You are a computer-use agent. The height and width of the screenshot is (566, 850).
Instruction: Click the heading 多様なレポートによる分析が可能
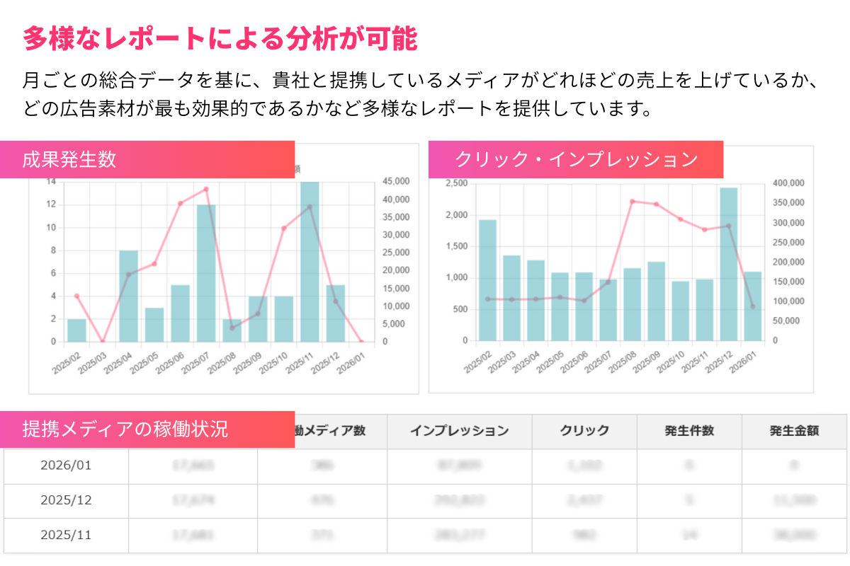pyautogui.click(x=220, y=39)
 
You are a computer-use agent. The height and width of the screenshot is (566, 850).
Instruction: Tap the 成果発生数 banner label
pyautogui.click(x=69, y=159)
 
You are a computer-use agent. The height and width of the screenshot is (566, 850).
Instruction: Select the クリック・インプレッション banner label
pyautogui.click(x=576, y=159)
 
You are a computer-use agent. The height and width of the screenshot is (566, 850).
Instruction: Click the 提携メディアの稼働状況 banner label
pyautogui.click(x=125, y=429)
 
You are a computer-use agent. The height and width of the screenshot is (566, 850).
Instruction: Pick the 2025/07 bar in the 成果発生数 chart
pyautogui.click(x=206, y=273)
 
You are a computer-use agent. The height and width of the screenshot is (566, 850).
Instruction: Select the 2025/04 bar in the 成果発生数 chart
pyautogui.click(x=128, y=296)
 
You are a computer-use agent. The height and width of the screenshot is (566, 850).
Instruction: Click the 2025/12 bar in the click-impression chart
pyautogui.click(x=729, y=264)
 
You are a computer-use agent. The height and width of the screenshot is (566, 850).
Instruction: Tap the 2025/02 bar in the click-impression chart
pyautogui.click(x=487, y=280)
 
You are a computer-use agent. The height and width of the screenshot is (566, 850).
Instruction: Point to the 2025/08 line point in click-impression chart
pyautogui.click(x=633, y=202)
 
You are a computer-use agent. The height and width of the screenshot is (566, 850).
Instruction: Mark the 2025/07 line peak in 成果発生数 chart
pyautogui.click(x=206, y=189)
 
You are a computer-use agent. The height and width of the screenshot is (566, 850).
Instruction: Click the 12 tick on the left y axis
pyautogui.click(x=51, y=204)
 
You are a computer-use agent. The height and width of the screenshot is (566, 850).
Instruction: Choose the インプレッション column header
pyautogui.click(x=459, y=430)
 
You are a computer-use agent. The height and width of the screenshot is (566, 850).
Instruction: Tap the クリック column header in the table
pyautogui.click(x=584, y=430)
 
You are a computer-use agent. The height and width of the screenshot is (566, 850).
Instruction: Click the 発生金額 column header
pyautogui.click(x=794, y=430)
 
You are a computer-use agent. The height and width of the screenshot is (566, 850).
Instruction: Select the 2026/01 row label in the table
pyautogui.click(x=66, y=466)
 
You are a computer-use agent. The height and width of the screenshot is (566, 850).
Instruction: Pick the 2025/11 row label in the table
pyautogui.click(x=66, y=535)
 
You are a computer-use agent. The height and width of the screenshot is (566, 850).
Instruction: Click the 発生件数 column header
pyautogui.click(x=689, y=430)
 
